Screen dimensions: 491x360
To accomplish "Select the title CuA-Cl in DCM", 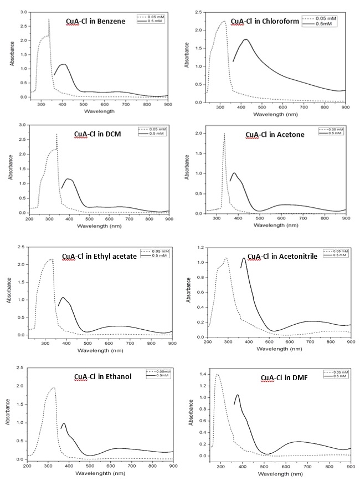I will click(x=100, y=134).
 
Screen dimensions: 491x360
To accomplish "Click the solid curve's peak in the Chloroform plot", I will click(x=245, y=39).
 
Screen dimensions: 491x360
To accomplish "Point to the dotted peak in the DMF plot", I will click(x=217, y=375).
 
